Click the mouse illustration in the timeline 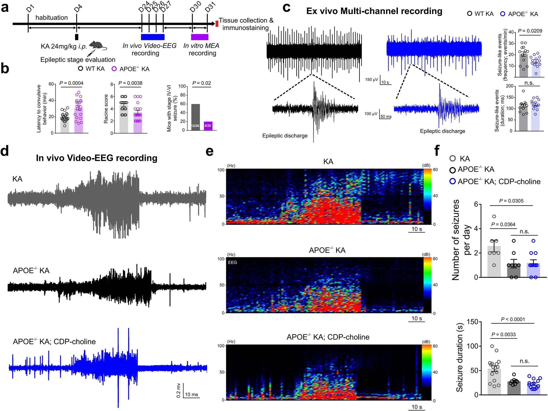(97, 46)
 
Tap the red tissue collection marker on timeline (217, 24)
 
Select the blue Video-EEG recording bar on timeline (152, 37)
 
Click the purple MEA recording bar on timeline (200, 37)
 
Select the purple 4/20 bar (208, 126)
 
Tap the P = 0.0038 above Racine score (130, 83)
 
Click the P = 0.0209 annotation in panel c (530, 31)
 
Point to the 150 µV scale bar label (371, 80)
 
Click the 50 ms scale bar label (386, 116)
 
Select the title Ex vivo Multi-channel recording (374, 11)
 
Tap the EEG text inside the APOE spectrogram (232, 262)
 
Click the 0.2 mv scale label (179, 390)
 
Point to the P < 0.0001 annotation (513, 319)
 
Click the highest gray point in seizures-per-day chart (494, 217)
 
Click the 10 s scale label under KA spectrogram (417, 229)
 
